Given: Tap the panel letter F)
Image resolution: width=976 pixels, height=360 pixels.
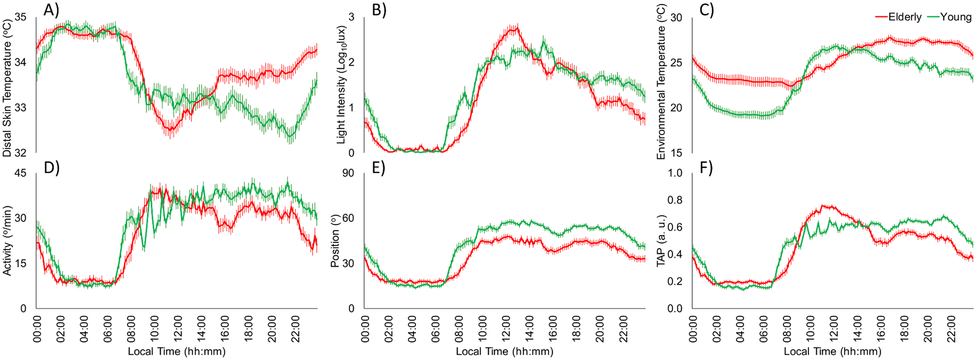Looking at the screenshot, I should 707,168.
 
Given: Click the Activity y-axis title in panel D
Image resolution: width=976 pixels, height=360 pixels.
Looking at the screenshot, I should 7,240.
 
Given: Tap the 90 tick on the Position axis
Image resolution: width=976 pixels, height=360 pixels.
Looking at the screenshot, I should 348,173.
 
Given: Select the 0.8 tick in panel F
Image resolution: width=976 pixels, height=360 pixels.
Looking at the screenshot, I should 675,200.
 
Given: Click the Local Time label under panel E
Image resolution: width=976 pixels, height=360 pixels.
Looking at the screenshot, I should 504,351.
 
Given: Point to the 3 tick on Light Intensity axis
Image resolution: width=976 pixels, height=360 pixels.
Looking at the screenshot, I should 351,17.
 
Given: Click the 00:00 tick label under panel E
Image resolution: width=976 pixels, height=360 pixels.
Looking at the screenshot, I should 365,328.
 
